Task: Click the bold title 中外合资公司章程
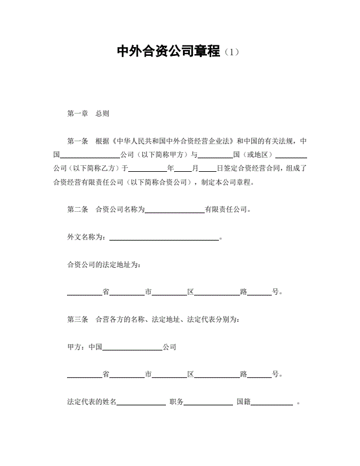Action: tap(169, 52)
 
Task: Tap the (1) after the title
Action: tap(232, 52)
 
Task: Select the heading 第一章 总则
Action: tap(88, 114)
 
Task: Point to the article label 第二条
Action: tap(78, 209)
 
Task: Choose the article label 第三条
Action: tap(78, 319)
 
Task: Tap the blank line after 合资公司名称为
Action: tap(174, 210)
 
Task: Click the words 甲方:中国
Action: tap(85, 347)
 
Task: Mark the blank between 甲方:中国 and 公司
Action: tap(132, 348)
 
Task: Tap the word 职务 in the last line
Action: tap(176, 402)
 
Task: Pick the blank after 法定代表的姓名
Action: tap(142, 404)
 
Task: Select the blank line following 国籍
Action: tap(272, 404)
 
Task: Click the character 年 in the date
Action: tap(171, 168)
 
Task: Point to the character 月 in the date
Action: tap(195, 168)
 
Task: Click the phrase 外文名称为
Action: tap(85, 237)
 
